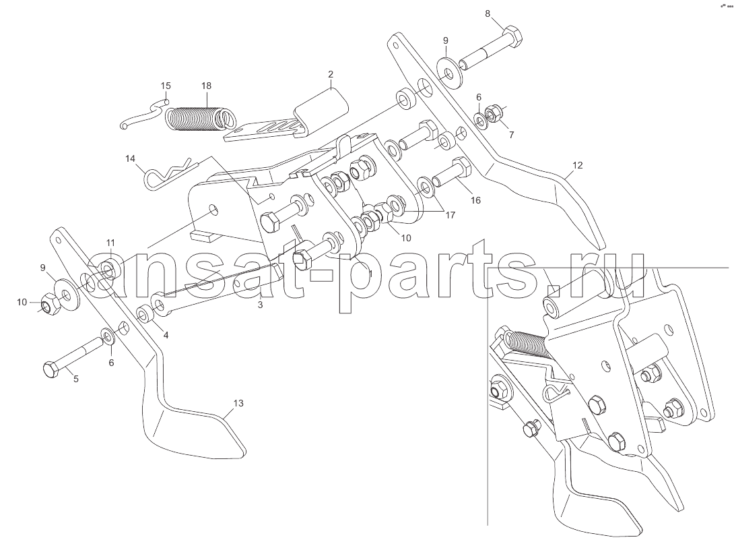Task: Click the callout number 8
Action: (x=488, y=13)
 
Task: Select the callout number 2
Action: (x=331, y=74)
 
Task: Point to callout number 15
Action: (x=166, y=86)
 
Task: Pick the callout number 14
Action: (x=130, y=159)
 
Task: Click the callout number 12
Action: (x=578, y=165)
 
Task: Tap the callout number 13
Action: (x=238, y=403)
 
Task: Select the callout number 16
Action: (x=475, y=200)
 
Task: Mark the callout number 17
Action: (x=450, y=215)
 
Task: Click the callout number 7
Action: (x=511, y=135)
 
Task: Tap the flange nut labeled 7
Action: (x=493, y=113)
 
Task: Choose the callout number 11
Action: (x=110, y=243)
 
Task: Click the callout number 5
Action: (x=76, y=379)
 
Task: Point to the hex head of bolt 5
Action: (x=51, y=370)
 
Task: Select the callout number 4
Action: (x=166, y=334)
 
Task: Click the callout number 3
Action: (x=261, y=305)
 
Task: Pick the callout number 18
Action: (x=206, y=86)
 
